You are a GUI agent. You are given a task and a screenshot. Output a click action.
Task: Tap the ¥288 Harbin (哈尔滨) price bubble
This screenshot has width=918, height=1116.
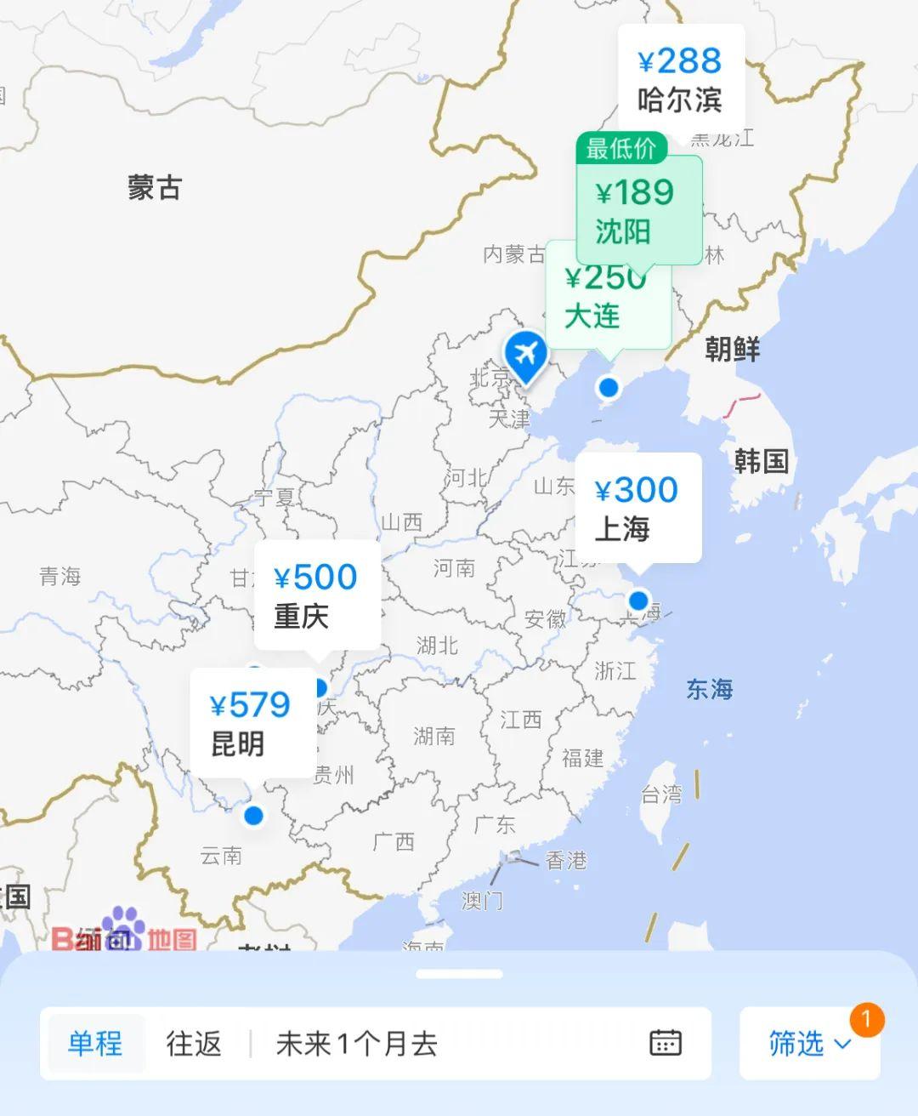(x=680, y=80)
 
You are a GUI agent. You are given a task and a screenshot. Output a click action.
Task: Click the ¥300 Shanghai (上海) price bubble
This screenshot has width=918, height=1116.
(x=637, y=508)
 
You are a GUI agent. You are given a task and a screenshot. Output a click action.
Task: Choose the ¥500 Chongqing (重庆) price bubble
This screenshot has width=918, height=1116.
(x=316, y=595)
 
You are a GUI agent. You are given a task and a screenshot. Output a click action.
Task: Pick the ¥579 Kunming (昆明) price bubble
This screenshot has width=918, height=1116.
(x=251, y=722)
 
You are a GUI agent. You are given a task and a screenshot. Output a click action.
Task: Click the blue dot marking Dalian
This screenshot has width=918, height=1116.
(x=608, y=388)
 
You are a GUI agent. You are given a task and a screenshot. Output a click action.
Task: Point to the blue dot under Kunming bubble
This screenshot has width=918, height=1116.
(x=253, y=816)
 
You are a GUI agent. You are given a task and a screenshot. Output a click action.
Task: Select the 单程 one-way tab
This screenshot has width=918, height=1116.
(x=95, y=1044)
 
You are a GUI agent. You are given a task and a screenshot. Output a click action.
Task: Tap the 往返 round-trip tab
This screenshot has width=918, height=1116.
(x=194, y=1044)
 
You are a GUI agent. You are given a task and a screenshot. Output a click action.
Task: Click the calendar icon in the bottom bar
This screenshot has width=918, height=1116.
(x=665, y=1043)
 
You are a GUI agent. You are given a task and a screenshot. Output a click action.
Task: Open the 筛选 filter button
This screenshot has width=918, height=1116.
(x=807, y=1044)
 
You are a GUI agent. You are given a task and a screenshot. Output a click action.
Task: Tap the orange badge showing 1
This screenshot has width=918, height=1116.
(x=866, y=1019)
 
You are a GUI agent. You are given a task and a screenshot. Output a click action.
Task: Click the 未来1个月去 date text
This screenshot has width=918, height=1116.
(x=357, y=1044)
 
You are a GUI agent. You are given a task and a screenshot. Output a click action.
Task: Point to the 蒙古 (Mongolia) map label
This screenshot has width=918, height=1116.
(x=155, y=188)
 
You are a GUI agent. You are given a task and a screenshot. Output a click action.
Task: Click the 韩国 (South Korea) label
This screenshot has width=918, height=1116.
(x=762, y=462)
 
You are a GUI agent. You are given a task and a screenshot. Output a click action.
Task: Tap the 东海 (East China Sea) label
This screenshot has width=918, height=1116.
(x=709, y=689)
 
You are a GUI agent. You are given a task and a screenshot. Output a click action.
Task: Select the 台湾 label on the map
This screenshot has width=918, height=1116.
(x=661, y=794)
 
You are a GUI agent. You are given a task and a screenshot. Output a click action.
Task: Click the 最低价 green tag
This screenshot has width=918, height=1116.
(x=621, y=149)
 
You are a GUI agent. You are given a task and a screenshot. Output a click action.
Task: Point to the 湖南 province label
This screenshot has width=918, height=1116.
(x=434, y=736)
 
